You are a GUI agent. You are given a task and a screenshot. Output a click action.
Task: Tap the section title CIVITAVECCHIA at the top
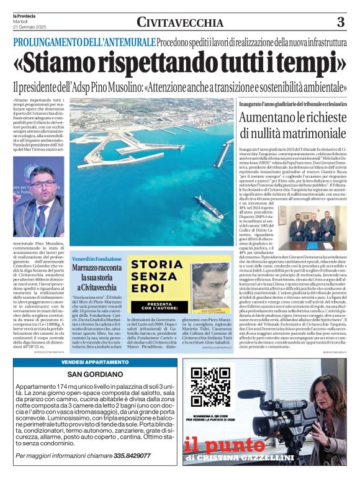point(180,23)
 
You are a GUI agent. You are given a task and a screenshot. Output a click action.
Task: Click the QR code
point(209,387)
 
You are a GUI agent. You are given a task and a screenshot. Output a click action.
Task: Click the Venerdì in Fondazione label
point(97,258)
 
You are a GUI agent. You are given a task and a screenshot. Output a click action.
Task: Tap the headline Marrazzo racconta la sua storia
point(97,278)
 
